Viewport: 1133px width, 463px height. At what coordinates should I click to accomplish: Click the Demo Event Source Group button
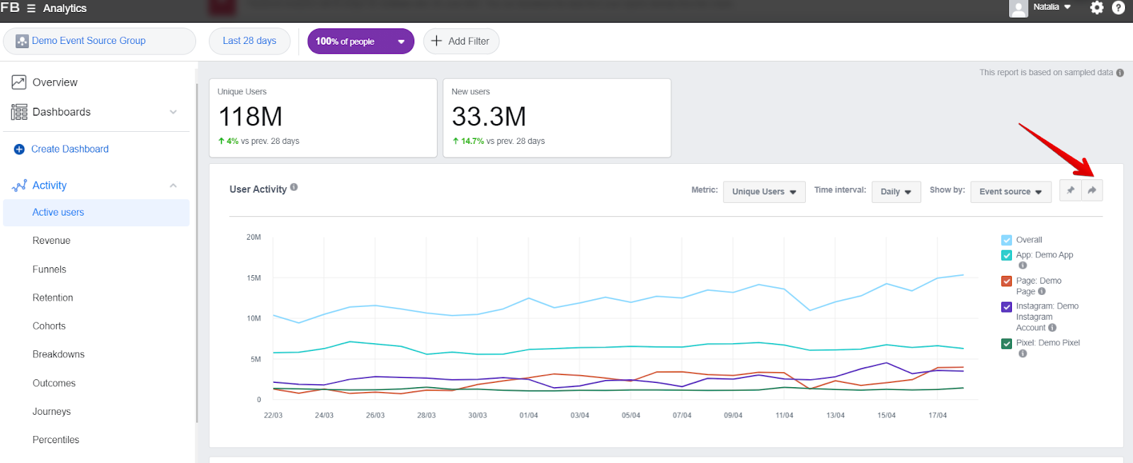[99, 41]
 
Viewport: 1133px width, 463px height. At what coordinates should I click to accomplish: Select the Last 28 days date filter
[249, 41]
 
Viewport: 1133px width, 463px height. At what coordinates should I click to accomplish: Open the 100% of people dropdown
[360, 41]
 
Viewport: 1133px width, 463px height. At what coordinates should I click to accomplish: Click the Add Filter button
[461, 41]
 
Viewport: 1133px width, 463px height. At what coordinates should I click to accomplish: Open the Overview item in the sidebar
[55, 82]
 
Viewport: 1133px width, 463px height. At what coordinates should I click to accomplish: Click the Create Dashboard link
[69, 149]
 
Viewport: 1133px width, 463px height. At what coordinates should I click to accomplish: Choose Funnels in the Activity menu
[49, 269]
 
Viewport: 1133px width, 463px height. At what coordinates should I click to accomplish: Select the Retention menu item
[52, 298]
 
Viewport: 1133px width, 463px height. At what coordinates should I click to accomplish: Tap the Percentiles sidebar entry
[55, 440]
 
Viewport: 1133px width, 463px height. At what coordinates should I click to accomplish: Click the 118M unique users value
[250, 116]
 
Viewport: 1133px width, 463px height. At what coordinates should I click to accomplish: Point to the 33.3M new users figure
[489, 116]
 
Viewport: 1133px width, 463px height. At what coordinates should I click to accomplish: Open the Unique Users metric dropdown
[763, 191]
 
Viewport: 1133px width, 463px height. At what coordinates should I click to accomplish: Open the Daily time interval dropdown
[896, 191]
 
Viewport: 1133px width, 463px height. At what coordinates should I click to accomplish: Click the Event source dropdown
[1010, 191]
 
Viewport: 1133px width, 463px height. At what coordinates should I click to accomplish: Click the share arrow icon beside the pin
[1092, 190]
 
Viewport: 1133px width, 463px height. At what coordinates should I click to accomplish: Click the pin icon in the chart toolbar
[1071, 190]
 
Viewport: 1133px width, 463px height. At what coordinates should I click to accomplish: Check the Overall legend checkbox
[1006, 240]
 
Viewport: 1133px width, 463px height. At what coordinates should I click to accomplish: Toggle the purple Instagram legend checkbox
[1006, 306]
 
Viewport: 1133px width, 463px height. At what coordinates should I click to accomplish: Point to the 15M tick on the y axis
[254, 278]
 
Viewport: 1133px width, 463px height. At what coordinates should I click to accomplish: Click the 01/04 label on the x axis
[528, 415]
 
